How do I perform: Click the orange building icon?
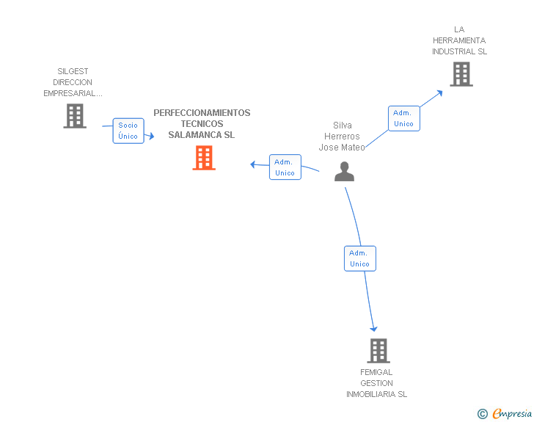[x=204, y=158]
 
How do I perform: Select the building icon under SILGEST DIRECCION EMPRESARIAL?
[x=75, y=116]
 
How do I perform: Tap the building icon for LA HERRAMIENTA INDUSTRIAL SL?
[x=461, y=74]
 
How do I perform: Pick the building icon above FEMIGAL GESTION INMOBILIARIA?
[x=378, y=351]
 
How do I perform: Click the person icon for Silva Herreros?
[x=344, y=172]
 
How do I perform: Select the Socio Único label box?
[x=128, y=131]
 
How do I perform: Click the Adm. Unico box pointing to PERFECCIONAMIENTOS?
[x=285, y=167]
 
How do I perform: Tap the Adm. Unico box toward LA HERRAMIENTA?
[x=404, y=118]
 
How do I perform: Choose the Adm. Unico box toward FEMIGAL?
[x=360, y=258]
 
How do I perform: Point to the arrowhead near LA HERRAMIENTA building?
[x=440, y=92]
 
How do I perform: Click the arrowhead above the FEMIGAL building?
[x=373, y=329]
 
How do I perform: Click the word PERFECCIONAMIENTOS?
[x=202, y=113]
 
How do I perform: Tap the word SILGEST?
[x=73, y=71]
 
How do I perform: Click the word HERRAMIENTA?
[x=459, y=40]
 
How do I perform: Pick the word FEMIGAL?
[x=376, y=372]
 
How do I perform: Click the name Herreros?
[x=342, y=137]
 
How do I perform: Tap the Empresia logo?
[x=505, y=413]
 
